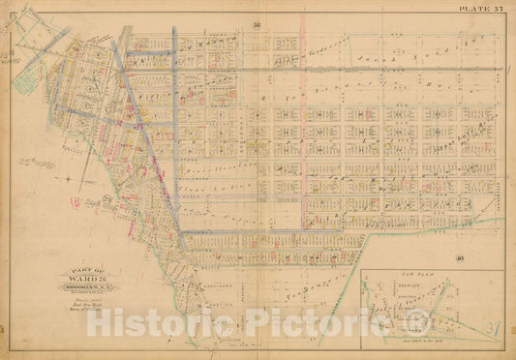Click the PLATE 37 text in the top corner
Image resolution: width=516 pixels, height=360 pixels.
pos(480,11)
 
